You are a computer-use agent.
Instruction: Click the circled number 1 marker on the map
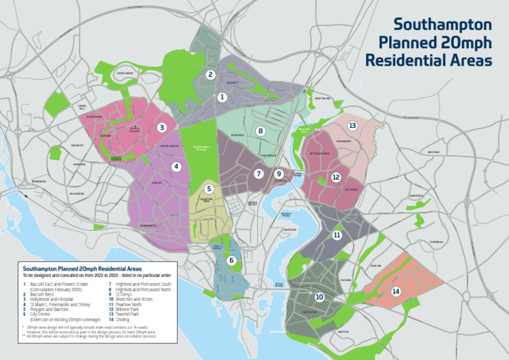(222, 97)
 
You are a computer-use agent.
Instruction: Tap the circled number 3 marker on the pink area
(162, 127)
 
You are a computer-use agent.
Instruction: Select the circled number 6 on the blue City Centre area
(231, 261)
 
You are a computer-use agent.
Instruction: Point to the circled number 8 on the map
(261, 131)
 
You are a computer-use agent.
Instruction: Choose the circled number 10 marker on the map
(319, 297)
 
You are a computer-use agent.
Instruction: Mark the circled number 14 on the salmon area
(396, 291)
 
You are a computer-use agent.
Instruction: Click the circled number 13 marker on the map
(353, 125)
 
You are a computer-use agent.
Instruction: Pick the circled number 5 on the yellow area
(209, 189)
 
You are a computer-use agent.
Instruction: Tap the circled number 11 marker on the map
(337, 235)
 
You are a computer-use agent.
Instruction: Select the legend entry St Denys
(124, 294)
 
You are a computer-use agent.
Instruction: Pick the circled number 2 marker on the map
(210, 75)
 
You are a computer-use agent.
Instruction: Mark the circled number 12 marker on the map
(336, 177)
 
